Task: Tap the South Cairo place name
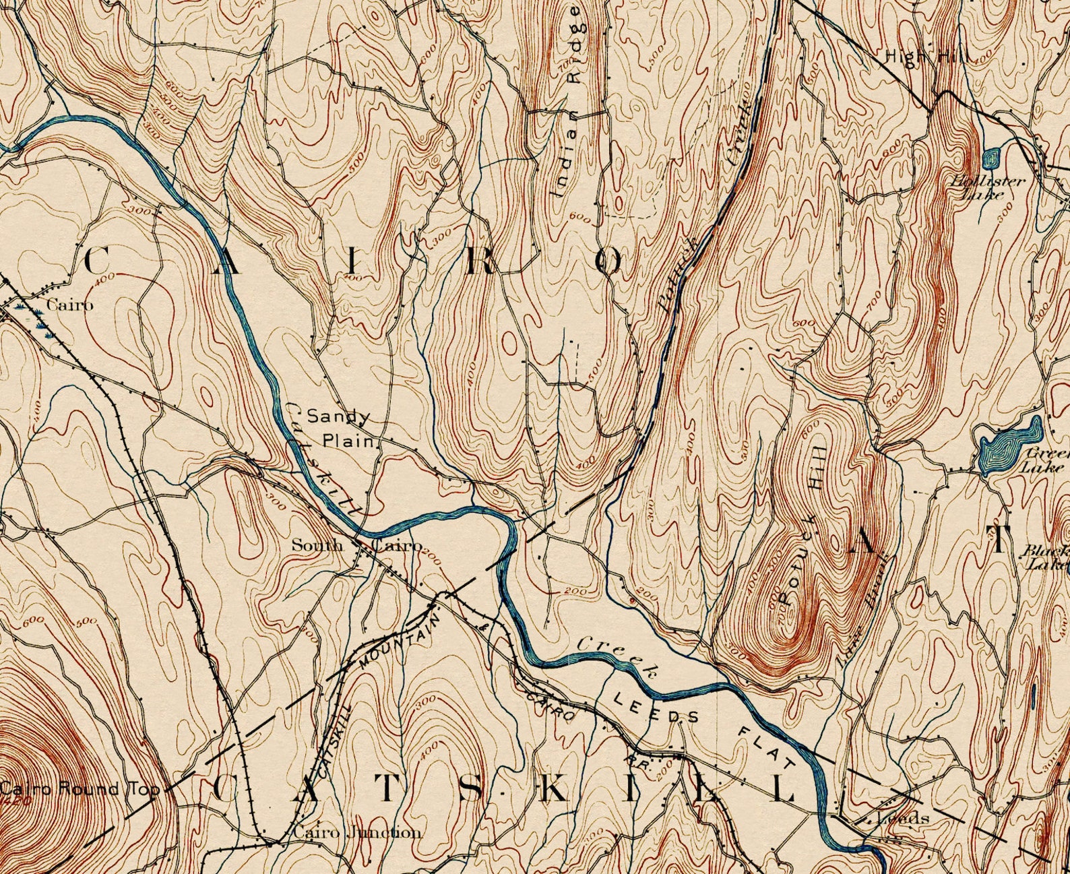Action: tap(357, 545)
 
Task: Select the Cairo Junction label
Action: tap(357, 832)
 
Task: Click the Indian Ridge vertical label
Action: tap(566, 101)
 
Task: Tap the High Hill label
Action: tap(926, 57)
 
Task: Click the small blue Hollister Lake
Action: tap(990, 159)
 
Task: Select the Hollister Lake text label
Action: tap(987, 187)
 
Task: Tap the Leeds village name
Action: tap(903, 819)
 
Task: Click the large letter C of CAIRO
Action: tap(98, 261)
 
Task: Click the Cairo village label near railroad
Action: tap(69, 305)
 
